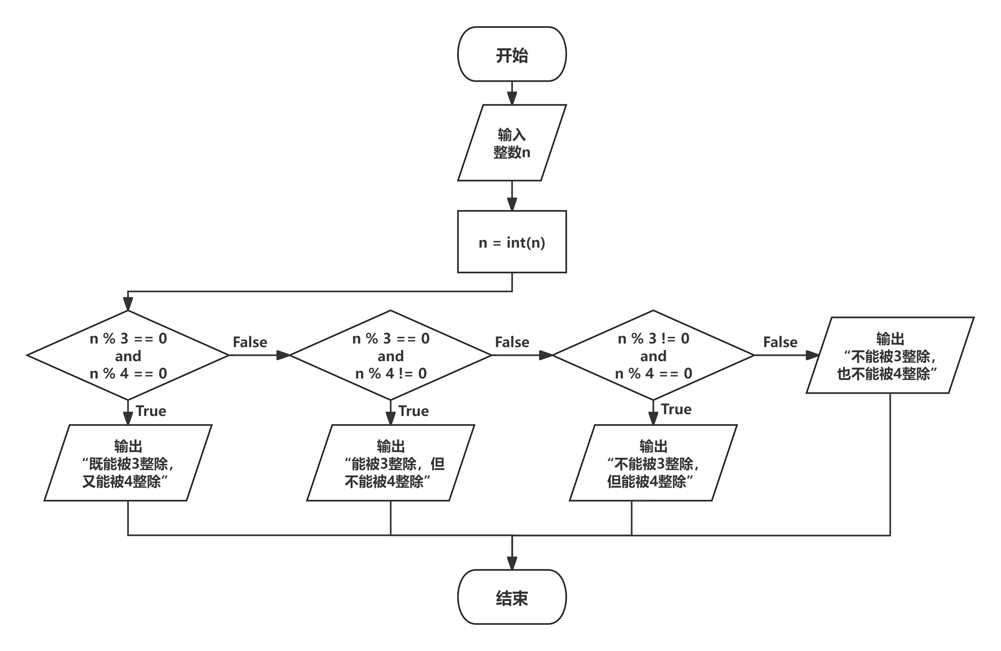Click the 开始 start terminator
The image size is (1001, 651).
pyautogui.click(x=512, y=54)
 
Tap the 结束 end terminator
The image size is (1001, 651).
pyautogui.click(x=512, y=597)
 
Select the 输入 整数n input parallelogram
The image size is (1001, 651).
pyautogui.click(x=512, y=143)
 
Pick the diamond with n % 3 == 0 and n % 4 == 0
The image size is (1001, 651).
pyautogui.click(x=128, y=355)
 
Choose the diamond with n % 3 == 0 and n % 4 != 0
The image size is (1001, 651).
pyautogui.click(x=390, y=355)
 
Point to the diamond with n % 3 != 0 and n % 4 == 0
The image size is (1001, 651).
pyautogui.click(x=653, y=355)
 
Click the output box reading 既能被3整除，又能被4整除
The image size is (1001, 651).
pyautogui.click(x=128, y=463)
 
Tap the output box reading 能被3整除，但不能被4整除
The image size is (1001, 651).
pyautogui.click(x=390, y=463)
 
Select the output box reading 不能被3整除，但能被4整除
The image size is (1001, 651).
pyautogui.click(x=653, y=463)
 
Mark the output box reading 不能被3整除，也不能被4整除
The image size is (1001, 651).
pyautogui.click(x=890, y=355)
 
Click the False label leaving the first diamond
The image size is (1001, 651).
pyautogui.click(x=250, y=342)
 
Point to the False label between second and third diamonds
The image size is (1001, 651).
pyautogui.click(x=512, y=342)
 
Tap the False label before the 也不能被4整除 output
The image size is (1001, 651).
pyautogui.click(x=780, y=342)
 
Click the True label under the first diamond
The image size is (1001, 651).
pyautogui.click(x=151, y=411)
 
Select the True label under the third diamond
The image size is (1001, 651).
pyautogui.click(x=676, y=409)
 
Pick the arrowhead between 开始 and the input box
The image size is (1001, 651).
pyautogui.click(x=512, y=98)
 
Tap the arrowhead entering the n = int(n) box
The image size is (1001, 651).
pyautogui.click(x=512, y=204)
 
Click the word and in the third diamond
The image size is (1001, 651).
pyautogui.click(x=653, y=356)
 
